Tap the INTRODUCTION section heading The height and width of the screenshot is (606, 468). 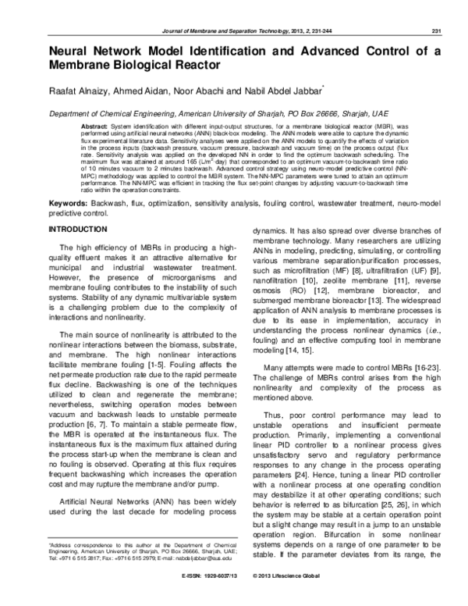tap(85, 230)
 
